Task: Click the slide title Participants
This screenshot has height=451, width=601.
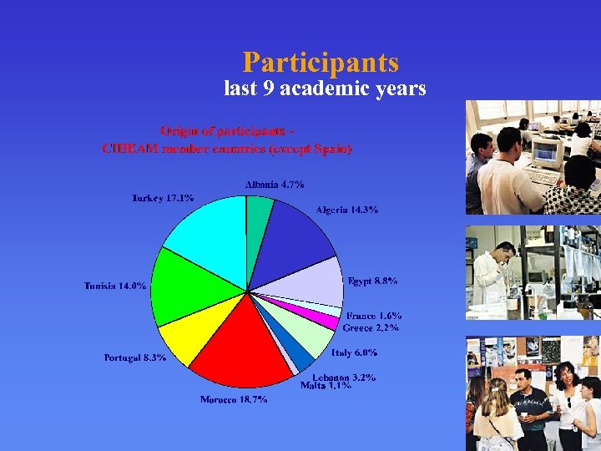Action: pos(321,63)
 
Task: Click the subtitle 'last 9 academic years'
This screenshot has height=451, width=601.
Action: pos(325,89)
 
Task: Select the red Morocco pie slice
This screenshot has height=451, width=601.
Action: pos(242,342)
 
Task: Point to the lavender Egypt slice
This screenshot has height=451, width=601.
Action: pos(309,280)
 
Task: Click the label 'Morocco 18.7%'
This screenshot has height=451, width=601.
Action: pos(234,400)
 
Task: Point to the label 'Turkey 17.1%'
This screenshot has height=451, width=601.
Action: pos(163,198)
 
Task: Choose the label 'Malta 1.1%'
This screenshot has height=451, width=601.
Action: pos(326,386)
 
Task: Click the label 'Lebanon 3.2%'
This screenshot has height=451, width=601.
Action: pos(344,378)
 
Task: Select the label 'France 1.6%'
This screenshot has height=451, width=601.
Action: pos(374,316)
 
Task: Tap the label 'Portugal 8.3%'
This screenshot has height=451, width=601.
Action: pos(135,357)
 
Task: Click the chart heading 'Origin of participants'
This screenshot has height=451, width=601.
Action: pos(226,131)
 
